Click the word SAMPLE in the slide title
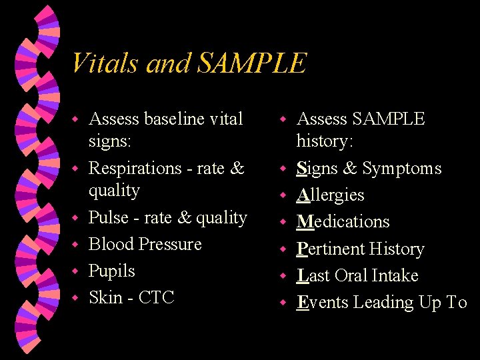252,63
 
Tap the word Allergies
330,195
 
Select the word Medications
343,221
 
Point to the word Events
321,302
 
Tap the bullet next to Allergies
283,196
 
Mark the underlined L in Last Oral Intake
301,275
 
